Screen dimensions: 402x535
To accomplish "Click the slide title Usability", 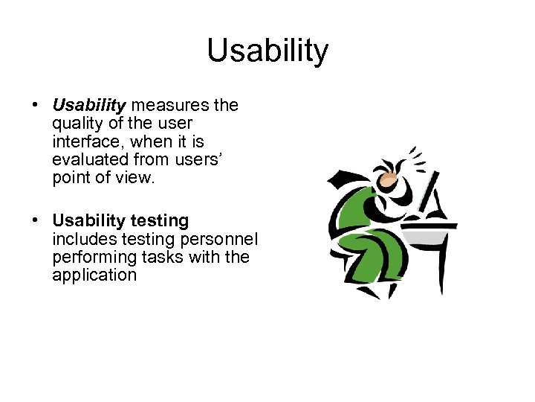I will [267, 51].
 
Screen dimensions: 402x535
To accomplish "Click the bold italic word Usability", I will [89, 105].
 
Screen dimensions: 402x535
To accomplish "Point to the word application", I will [94, 275].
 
